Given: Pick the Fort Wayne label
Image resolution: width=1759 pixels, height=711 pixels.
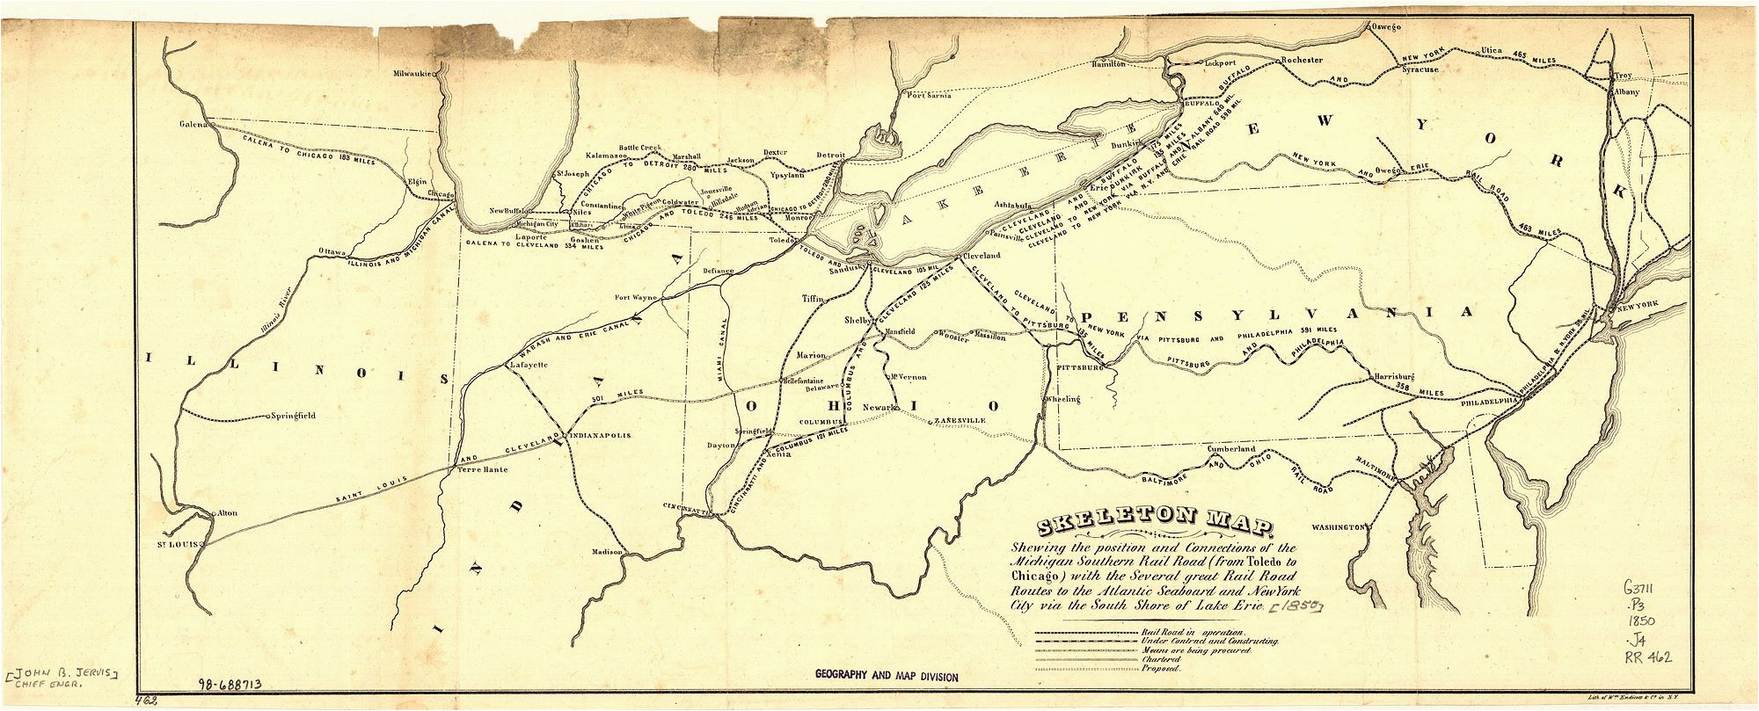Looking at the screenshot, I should (635, 297).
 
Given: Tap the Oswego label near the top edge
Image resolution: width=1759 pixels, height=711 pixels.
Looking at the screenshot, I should (1383, 27).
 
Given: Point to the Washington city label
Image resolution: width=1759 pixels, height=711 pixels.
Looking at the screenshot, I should (1337, 527).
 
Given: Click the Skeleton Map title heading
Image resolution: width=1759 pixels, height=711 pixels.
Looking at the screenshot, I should (1155, 526).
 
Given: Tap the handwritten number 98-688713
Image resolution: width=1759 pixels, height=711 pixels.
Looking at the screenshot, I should (230, 684).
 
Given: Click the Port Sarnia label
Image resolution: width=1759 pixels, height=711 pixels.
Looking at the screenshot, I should (929, 95).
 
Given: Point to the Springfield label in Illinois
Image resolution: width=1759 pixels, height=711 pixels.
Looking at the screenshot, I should (294, 416).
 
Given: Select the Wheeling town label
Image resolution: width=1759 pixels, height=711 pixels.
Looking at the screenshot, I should (1062, 399).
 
